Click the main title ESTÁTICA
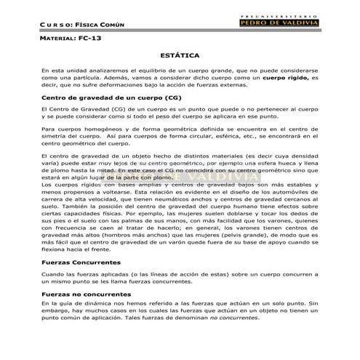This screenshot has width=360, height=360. [x=179, y=55]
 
